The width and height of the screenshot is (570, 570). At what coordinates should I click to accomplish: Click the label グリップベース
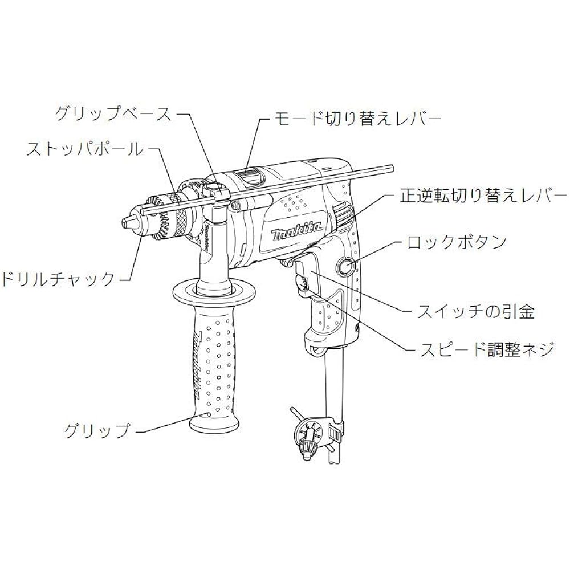(x=113, y=114)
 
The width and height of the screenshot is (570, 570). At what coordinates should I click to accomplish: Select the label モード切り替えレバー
(x=358, y=119)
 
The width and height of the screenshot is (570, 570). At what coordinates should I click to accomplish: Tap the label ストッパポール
(x=85, y=149)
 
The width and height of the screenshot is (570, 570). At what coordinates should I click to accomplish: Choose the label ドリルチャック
(x=58, y=279)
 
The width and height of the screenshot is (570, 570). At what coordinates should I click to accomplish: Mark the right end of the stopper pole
(x=393, y=168)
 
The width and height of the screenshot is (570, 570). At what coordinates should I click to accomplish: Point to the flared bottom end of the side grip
(x=214, y=423)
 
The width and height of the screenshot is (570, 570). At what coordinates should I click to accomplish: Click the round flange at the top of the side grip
(x=214, y=291)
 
